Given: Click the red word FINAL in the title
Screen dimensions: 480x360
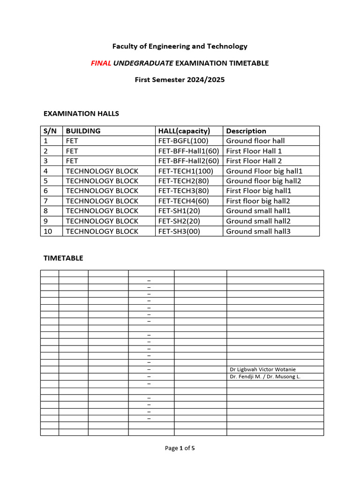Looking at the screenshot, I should [x=101, y=63].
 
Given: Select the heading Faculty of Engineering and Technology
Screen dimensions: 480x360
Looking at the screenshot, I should [x=180, y=46].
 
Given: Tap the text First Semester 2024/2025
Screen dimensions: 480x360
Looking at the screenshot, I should [x=180, y=80].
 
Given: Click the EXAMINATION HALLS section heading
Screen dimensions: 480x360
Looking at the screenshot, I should [x=81, y=113].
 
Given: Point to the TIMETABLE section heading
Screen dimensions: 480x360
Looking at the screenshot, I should [x=63, y=258].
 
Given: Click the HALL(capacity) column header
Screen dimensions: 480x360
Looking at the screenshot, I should [x=184, y=131].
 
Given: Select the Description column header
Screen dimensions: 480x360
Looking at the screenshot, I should [x=246, y=131].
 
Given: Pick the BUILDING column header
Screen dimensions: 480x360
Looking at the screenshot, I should [x=83, y=131].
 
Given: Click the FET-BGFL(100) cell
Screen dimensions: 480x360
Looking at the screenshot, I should [x=183, y=141].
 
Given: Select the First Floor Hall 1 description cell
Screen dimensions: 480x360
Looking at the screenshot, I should [x=254, y=151].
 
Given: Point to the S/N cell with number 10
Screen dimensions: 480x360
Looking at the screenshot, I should [x=47, y=231].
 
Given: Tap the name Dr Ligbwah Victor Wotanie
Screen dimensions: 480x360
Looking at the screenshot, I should [x=262, y=369].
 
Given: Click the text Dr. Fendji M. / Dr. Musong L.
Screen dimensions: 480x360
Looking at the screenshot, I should [x=265, y=376].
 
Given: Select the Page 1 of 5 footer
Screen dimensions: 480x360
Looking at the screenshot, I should [x=180, y=448].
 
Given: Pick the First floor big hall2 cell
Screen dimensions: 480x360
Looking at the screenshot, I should [x=258, y=201].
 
